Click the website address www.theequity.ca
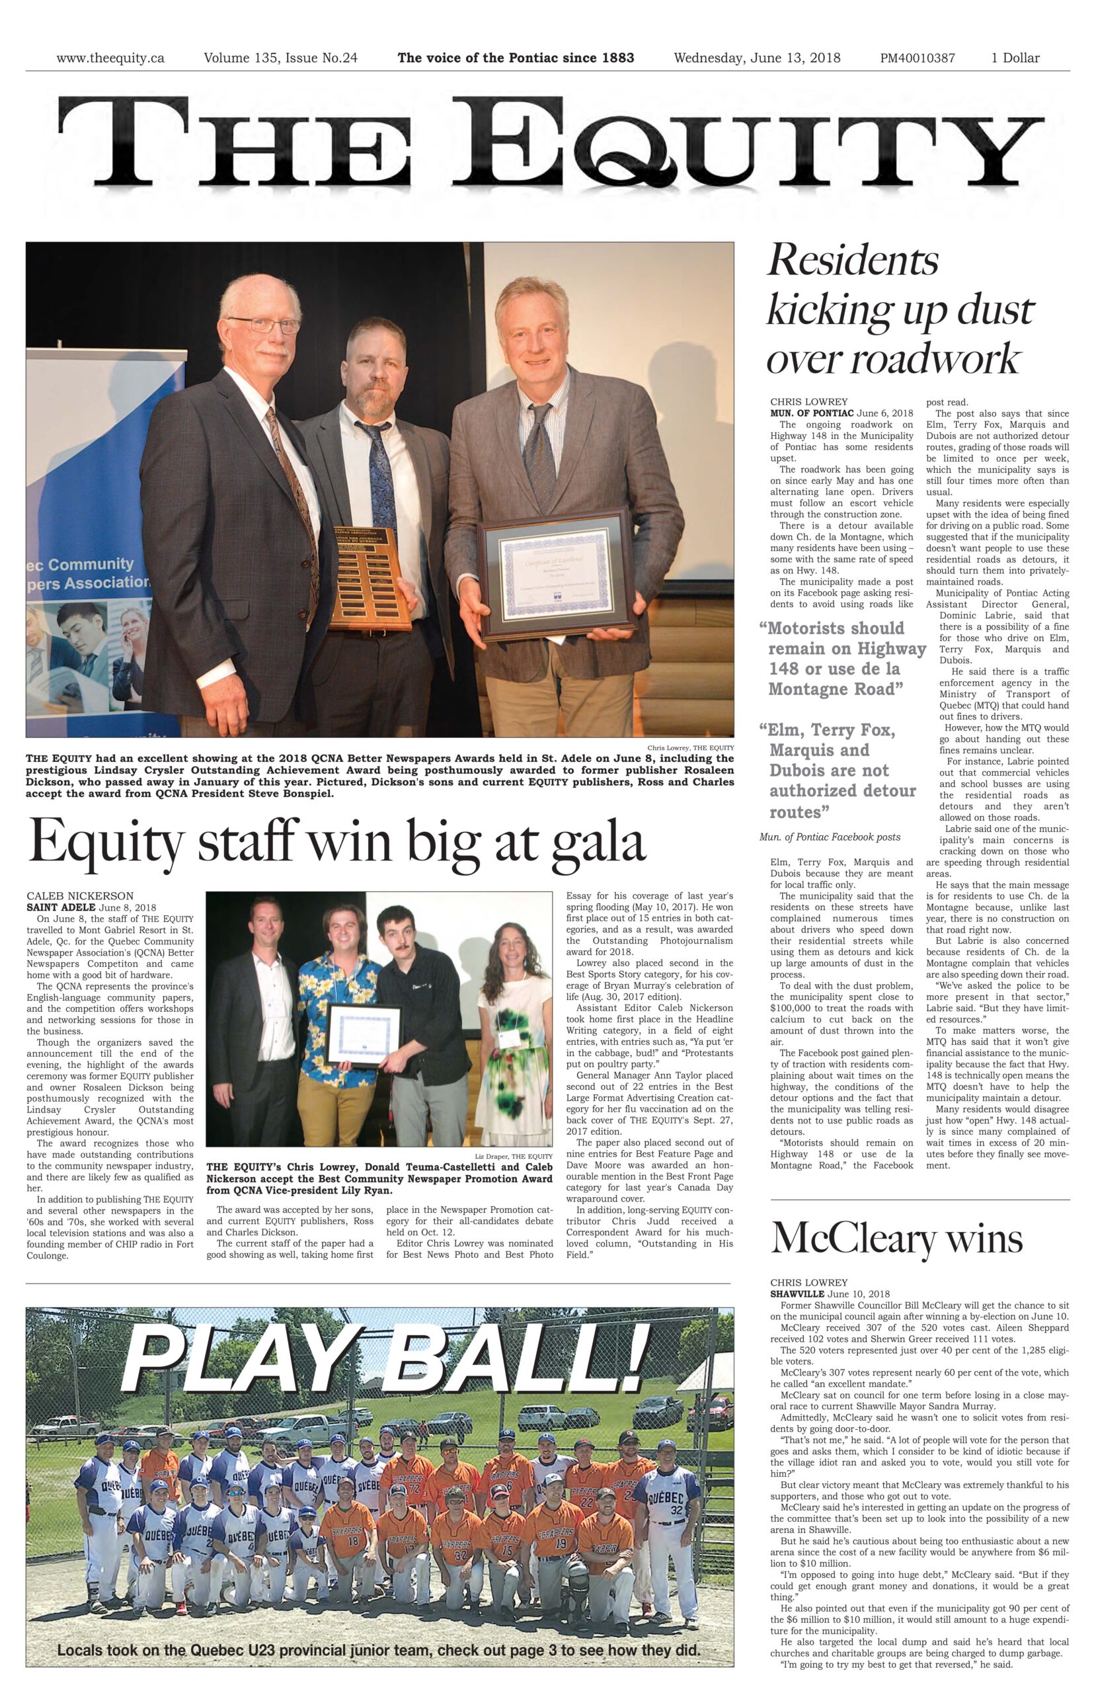(x=110, y=58)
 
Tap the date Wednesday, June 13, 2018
(x=757, y=58)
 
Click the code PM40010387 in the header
(x=917, y=58)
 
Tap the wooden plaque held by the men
(x=372, y=576)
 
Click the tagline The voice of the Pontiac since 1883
(x=516, y=58)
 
